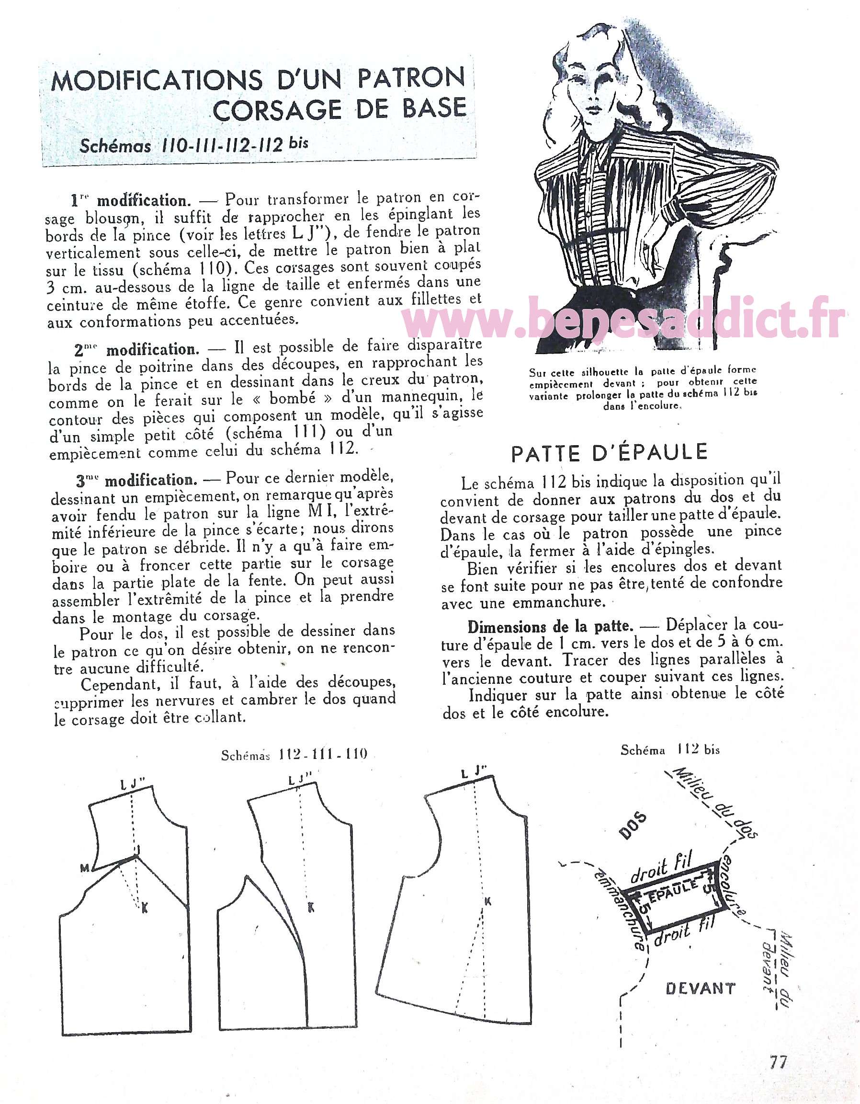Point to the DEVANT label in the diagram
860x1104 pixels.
pos(701,988)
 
